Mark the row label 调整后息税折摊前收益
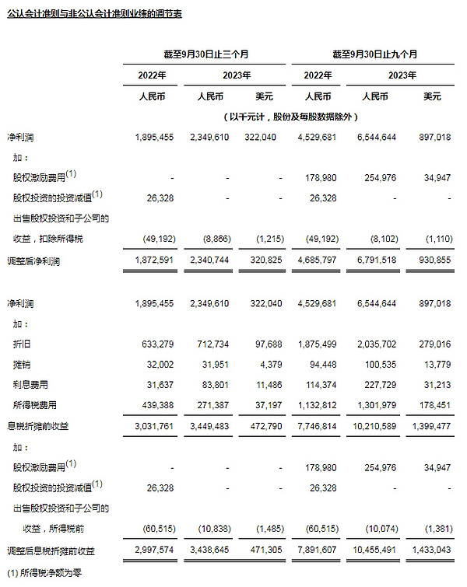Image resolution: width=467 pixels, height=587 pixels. (50, 550)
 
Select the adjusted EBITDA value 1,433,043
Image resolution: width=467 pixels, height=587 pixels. (433, 550)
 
